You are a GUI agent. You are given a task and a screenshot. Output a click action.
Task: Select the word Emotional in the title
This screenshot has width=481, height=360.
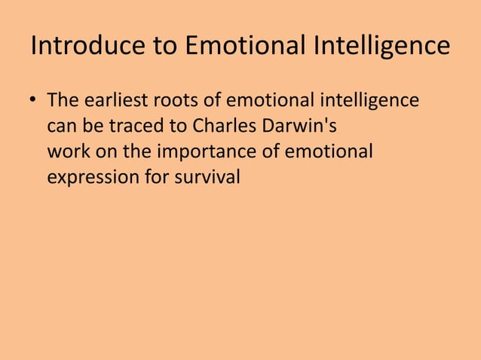[x=238, y=47]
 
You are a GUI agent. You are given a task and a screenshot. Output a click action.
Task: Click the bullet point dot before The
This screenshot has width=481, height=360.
[x=33, y=101]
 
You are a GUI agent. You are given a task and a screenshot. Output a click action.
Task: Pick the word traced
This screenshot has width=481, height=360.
[x=125, y=126]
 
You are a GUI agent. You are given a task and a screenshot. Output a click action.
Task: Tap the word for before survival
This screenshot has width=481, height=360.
[x=162, y=177]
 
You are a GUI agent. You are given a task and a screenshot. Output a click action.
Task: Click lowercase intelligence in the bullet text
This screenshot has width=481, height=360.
[x=372, y=100]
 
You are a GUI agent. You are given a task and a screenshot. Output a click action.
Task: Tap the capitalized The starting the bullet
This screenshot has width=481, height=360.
[x=63, y=100]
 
